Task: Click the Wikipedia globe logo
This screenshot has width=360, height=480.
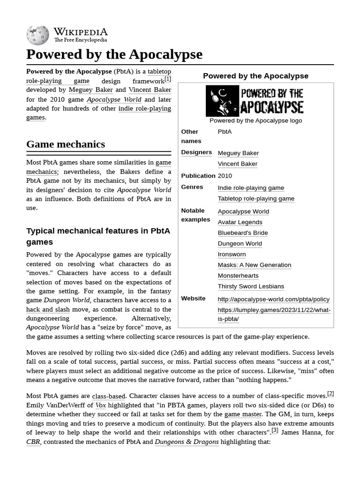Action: coord(37,35)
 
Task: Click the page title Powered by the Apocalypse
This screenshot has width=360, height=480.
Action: coord(114,54)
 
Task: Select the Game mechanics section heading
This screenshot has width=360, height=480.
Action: coord(66,144)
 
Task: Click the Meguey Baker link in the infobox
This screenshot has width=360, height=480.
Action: coord(238,153)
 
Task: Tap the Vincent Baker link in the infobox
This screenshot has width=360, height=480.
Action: coord(237,164)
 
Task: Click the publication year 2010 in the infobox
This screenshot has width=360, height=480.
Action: coord(225,176)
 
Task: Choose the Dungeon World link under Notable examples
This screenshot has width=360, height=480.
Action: coord(240,243)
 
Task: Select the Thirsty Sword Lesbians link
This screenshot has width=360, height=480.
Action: coord(250,286)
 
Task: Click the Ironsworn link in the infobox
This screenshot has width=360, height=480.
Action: coord(232,254)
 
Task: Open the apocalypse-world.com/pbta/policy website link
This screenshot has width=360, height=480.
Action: coord(273,299)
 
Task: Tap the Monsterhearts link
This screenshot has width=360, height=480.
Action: coord(238,276)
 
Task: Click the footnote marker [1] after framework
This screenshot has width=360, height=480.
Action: coord(168,79)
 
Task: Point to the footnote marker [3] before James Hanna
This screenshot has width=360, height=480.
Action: coord(275,430)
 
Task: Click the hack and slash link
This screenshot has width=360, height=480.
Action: coord(48,309)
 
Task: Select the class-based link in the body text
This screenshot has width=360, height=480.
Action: coord(108,396)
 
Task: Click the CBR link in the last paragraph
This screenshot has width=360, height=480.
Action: coord(33,442)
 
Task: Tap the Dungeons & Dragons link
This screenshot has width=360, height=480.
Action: coord(187,442)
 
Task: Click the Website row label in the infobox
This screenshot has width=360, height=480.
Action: coord(193,299)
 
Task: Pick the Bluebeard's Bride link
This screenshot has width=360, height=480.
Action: coord(242,232)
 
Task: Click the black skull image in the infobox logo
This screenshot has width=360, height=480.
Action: coord(222,101)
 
